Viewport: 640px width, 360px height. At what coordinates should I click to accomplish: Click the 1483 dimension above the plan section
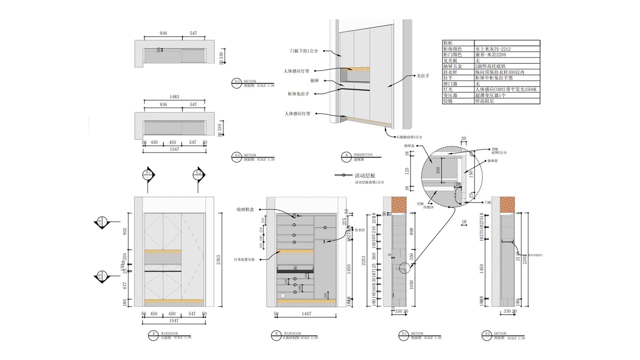[x=174, y=97]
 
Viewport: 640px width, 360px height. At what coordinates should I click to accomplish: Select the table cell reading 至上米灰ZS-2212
[x=493, y=49]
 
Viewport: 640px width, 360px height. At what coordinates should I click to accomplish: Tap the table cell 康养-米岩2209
[x=490, y=55]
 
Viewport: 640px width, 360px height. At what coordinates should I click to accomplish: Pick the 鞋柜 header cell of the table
[x=448, y=43]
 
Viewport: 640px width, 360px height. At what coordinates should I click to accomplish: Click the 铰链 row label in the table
[x=448, y=101]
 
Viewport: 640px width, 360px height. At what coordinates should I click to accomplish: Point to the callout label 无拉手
[x=423, y=76]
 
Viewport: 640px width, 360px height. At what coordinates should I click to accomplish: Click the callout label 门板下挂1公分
[x=304, y=51]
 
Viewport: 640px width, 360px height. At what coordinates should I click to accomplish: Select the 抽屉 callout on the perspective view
[x=314, y=81]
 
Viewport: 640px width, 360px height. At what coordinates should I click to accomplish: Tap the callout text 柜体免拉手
[x=298, y=94]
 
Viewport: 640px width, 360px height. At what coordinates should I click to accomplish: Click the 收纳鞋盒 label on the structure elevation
[x=245, y=209]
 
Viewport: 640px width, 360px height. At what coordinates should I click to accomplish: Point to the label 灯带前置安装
[x=244, y=260]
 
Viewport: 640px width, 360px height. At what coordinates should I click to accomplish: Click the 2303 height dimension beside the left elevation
[x=218, y=260]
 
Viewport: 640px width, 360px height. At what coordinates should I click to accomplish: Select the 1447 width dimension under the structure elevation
[x=306, y=314]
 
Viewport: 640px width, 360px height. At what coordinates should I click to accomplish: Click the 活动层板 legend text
[x=365, y=176]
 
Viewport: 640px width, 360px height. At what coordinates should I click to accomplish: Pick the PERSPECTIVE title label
[x=363, y=155]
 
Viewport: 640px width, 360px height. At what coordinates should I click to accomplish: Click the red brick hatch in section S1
[x=399, y=204]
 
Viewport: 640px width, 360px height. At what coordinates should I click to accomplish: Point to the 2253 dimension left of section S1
[x=364, y=260]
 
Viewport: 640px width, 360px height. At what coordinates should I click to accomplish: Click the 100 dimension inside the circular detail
[x=438, y=170]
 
